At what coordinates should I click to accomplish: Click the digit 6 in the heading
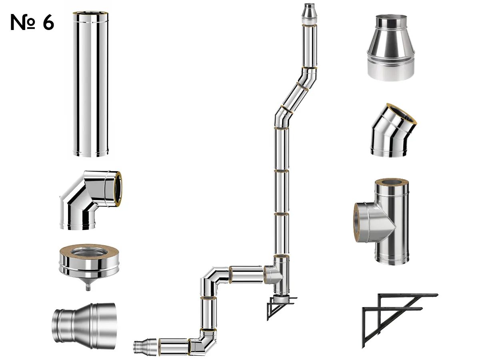pyautogui.click(x=48, y=22)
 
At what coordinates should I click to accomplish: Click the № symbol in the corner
pyautogui.click(x=22, y=22)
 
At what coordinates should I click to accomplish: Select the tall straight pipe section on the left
pyautogui.click(x=90, y=84)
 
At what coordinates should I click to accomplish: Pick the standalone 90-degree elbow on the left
pyautogui.click(x=90, y=200)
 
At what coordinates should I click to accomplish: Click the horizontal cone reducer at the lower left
pyautogui.click(x=84, y=326)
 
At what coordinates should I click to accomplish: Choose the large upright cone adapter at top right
pyautogui.click(x=391, y=48)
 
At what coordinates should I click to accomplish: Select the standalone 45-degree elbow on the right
pyautogui.click(x=393, y=130)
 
